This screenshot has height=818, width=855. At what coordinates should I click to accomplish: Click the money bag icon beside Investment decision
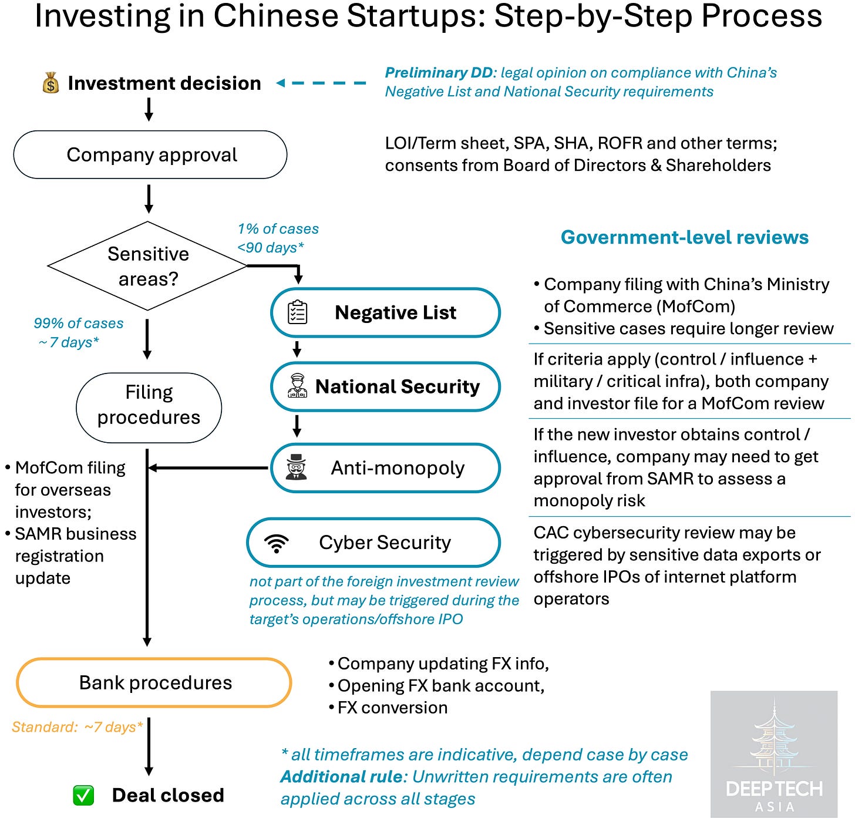click(x=51, y=83)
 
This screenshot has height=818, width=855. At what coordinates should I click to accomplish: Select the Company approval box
click(x=150, y=155)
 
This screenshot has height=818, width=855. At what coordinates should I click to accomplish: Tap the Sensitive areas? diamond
click(x=148, y=266)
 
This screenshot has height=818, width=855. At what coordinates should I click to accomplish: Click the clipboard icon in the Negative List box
click(x=297, y=312)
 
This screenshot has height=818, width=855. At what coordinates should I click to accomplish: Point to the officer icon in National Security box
click(x=297, y=386)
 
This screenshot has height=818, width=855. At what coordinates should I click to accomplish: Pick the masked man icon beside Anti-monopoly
click(x=296, y=467)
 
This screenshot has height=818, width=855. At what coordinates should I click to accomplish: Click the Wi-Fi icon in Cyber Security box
click(x=277, y=543)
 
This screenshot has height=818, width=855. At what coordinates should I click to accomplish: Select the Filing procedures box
click(x=149, y=405)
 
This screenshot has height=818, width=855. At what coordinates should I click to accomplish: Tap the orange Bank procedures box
click(x=154, y=682)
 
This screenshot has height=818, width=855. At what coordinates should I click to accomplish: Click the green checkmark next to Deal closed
click(x=83, y=795)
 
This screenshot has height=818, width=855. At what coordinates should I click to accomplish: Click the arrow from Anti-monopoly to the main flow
click(x=208, y=468)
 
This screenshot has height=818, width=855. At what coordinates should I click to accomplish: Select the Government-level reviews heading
click(x=684, y=237)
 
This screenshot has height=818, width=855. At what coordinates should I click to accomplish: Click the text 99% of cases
click(x=79, y=324)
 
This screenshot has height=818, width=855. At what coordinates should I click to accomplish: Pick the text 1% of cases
click(x=278, y=229)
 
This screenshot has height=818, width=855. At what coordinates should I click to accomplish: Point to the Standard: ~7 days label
click(x=77, y=727)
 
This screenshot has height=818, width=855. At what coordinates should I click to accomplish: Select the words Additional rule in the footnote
click(x=342, y=777)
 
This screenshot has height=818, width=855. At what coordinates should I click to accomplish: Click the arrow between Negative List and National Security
click(x=297, y=349)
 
